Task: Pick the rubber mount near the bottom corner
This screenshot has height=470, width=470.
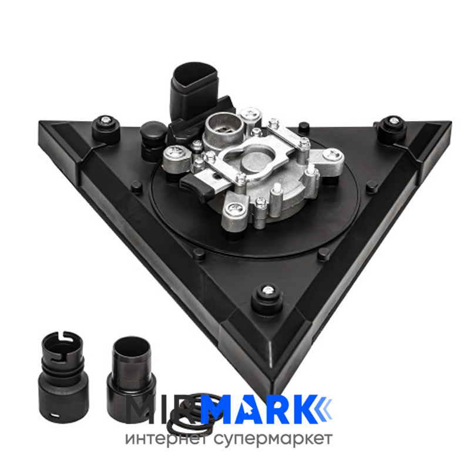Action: click(x=267, y=298)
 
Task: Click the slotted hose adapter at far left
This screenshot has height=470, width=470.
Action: click(x=63, y=377)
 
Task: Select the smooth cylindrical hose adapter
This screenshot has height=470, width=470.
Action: click(x=131, y=378)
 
